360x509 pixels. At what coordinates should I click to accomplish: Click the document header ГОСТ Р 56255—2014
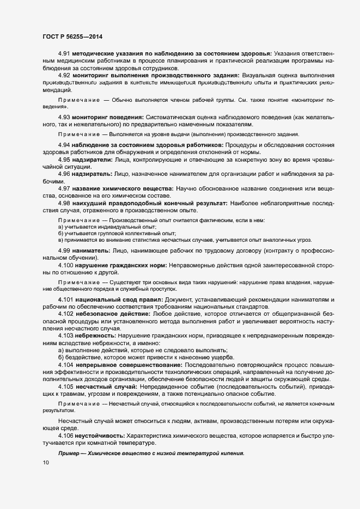[69, 36]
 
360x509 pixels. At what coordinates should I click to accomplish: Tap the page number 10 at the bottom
[45, 463]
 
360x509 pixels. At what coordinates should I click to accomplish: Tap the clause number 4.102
[66, 314]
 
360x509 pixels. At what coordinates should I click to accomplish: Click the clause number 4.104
[66, 364]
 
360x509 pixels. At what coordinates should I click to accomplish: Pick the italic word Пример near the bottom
[69, 453]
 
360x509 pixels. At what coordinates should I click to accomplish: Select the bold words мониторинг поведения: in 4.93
[109, 118]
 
